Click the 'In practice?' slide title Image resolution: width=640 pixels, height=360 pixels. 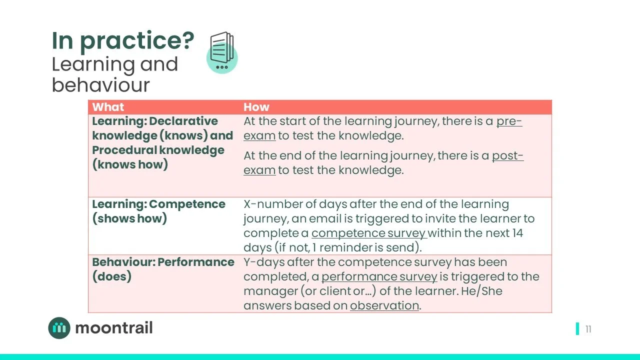coord(122,40)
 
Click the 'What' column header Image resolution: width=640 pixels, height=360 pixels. coord(108,107)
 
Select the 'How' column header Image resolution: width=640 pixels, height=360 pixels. coord(256,107)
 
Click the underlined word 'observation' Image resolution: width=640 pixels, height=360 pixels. coord(384,305)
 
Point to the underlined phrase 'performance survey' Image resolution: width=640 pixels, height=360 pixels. coord(379,276)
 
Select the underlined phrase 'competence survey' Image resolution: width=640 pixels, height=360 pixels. coord(369,233)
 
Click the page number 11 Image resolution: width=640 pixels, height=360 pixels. coord(588,329)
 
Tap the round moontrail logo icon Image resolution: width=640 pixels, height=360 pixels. coord(59,328)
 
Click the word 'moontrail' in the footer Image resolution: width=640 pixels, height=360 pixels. coord(114,328)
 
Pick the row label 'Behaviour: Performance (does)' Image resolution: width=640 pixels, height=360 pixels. coord(163,269)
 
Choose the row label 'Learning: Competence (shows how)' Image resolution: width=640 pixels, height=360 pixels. coord(158,211)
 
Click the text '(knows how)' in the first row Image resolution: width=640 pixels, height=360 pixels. coord(130,164)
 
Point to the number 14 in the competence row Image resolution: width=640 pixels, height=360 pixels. coord(517,233)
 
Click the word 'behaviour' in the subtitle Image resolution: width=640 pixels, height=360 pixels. coord(100,85)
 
